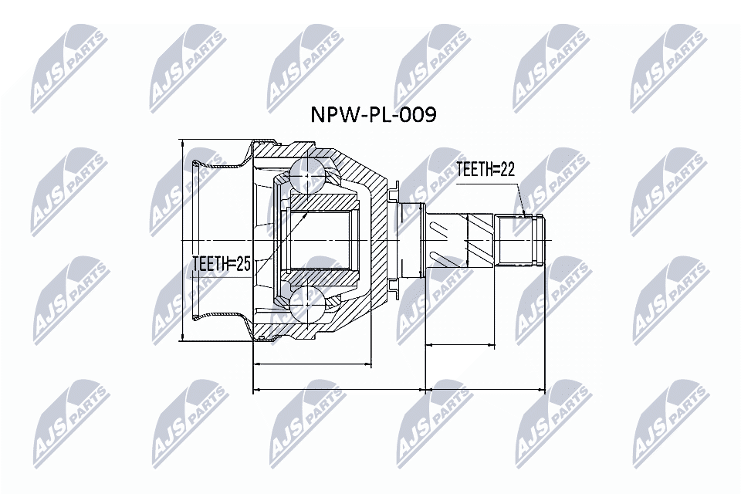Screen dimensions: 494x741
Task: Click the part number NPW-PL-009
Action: [373, 116]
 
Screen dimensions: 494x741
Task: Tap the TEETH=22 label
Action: [485, 170]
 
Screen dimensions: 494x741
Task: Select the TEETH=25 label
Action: [221, 265]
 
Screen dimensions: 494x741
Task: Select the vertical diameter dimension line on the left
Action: [181, 239]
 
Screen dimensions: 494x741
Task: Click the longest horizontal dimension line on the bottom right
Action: [486, 390]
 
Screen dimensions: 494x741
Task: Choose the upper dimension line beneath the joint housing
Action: [312, 363]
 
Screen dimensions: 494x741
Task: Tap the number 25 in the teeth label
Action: [242, 265]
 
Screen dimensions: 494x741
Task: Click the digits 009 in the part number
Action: [417, 116]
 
